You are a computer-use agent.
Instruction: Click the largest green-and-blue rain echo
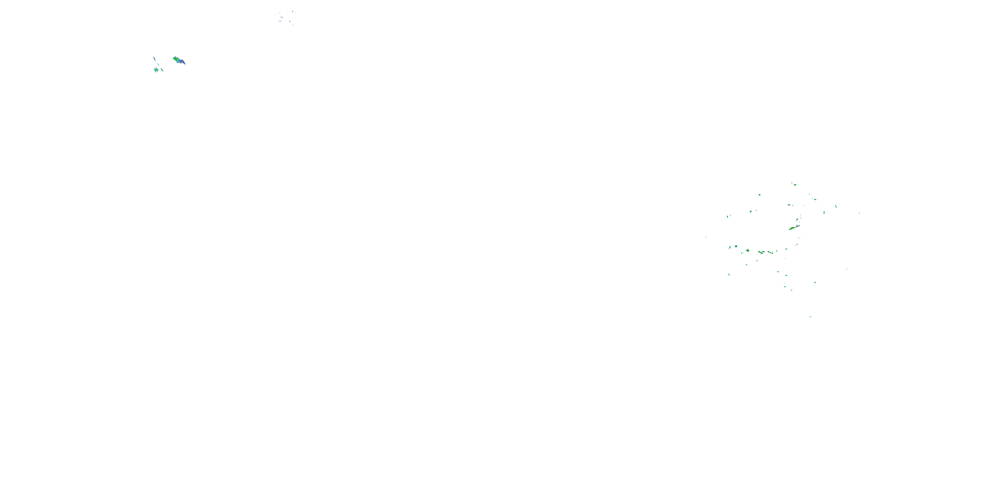(x=178, y=60)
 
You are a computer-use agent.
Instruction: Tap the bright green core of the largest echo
(x=176, y=59)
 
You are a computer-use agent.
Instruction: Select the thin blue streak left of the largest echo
(x=154, y=59)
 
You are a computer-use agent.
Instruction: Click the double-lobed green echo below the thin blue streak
(x=156, y=70)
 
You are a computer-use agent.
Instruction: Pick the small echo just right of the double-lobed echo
(x=162, y=70)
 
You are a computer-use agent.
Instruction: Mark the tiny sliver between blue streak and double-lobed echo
(x=157, y=64)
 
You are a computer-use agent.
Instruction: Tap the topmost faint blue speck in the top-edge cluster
(x=292, y=11)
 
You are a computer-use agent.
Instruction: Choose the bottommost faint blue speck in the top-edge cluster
(x=293, y=25)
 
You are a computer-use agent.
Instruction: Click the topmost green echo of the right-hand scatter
(x=794, y=184)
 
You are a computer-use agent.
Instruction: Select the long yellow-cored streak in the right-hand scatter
(x=792, y=228)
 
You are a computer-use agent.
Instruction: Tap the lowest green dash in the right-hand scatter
(x=810, y=317)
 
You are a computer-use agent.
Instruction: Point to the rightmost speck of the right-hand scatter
(x=859, y=213)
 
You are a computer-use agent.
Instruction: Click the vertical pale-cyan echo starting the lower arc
(x=729, y=247)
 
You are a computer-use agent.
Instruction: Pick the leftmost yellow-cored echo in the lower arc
(x=747, y=250)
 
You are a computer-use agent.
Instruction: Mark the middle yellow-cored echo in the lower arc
(x=761, y=252)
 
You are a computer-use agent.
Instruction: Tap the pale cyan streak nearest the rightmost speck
(x=836, y=206)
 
